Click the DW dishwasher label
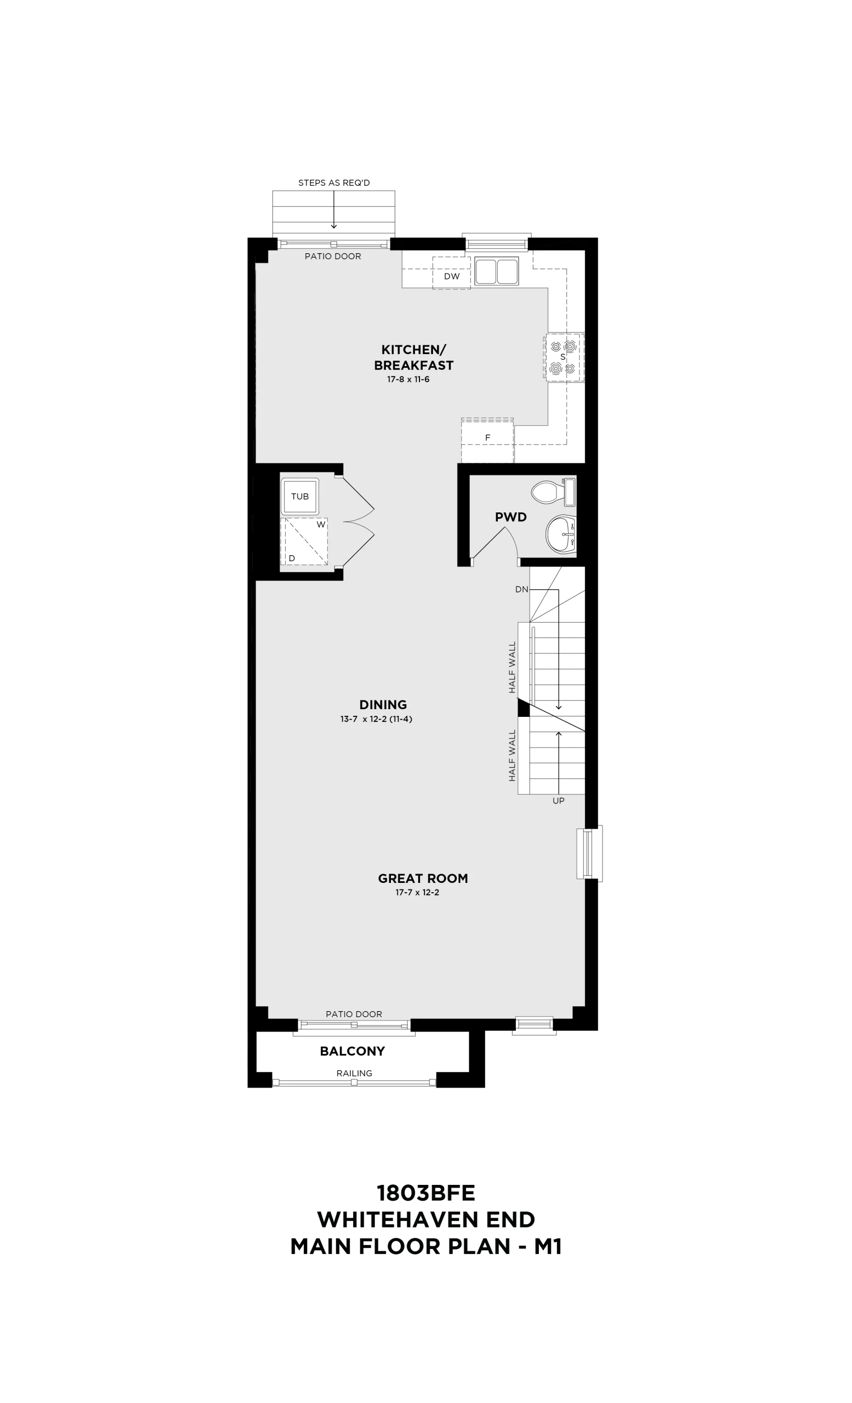pos(452,276)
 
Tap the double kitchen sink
pos(497,271)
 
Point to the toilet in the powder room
pos(554,492)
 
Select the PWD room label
pos(511,517)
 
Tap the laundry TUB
pos(300,497)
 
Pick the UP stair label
pos(558,801)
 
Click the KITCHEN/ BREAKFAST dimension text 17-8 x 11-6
pos(408,379)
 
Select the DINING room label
pos(383,704)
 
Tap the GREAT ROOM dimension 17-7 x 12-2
pos(417,892)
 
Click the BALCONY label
pos(353,1051)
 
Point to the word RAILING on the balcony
pos(354,1073)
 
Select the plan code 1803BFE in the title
pos(426,1193)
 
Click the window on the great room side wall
pos(589,853)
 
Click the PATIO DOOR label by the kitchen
pos(333,256)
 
